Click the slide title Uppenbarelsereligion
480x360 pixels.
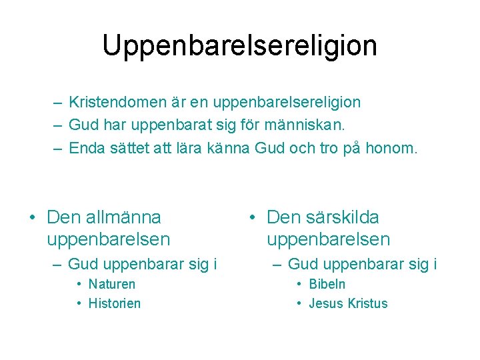[239, 45]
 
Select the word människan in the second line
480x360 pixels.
[330, 125]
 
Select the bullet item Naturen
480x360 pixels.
[111, 284]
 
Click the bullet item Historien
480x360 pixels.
[115, 303]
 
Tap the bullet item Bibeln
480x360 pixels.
[327, 284]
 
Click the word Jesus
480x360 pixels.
[324, 303]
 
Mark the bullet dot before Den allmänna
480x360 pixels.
[31, 218]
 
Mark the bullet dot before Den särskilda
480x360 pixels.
[251, 218]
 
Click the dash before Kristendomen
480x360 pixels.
[57, 103]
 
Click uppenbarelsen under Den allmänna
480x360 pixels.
[109, 239]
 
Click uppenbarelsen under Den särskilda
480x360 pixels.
[328, 239]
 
